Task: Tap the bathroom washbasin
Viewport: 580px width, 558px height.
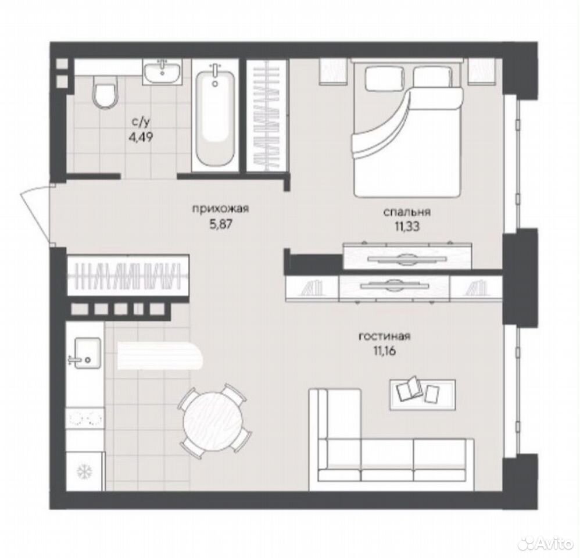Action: coord(162,73)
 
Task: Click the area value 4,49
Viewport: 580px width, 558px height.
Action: coord(140,137)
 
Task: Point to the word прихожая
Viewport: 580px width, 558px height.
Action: coord(220,209)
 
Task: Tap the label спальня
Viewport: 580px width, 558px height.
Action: coord(406,212)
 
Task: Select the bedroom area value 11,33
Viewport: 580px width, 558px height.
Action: coord(406,227)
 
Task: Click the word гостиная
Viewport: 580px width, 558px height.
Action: coord(385,337)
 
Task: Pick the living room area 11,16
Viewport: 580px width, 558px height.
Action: coord(385,350)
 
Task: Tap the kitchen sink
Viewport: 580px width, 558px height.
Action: coord(85,353)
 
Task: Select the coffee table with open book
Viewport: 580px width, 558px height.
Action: coord(423,395)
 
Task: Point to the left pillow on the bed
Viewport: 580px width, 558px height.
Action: coord(385,78)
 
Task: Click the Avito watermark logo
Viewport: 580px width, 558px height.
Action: coord(547,543)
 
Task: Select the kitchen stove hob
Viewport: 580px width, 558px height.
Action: coord(85,418)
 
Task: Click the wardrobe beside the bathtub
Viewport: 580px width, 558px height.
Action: coord(267,116)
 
